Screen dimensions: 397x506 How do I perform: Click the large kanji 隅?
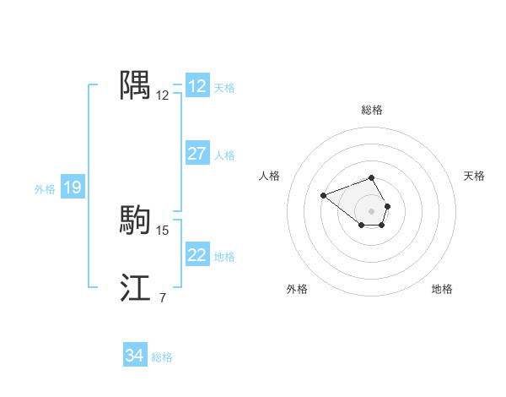pyautogui.click(x=135, y=85)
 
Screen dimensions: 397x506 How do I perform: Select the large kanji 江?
pyautogui.click(x=135, y=288)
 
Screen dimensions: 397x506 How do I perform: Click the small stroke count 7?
pyautogui.click(x=163, y=298)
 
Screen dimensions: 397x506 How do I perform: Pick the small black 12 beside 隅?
pyautogui.click(x=163, y=95)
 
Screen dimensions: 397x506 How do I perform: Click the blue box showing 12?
pyautogui.click(x=197, y=86)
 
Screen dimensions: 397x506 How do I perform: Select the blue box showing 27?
pyautogui.click(x=197, y=154)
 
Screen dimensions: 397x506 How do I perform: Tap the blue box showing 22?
pyautogui.click(x=197, y=255)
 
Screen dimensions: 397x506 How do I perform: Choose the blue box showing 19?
pyautogui.click(x=73, y=188)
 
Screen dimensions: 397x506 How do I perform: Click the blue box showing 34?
pyautogui.click(x=135, y=356)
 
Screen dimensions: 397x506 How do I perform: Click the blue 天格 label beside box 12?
pyautogui.click(x=224, y=87)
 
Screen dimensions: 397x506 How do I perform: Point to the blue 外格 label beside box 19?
pyautogui.click(x=45, y=189)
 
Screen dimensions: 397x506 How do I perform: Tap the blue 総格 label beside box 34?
pyautogui.click(x=162, y=357)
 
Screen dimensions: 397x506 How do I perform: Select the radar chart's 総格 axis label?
pyautogui.click(x=372, y=110)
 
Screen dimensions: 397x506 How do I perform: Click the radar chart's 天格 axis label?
pyautogui.click(x=475, y=176)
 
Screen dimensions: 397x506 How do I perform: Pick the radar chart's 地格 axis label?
pyautogui.click(x=442, y=289)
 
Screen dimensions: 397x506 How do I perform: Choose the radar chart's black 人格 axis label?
pyautogui.click(x=270, y=176)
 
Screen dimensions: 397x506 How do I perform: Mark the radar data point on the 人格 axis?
pyautogui.click(x=324, y=196)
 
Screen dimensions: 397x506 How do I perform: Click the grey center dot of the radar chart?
pyautogui.click(x=372, y=211)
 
